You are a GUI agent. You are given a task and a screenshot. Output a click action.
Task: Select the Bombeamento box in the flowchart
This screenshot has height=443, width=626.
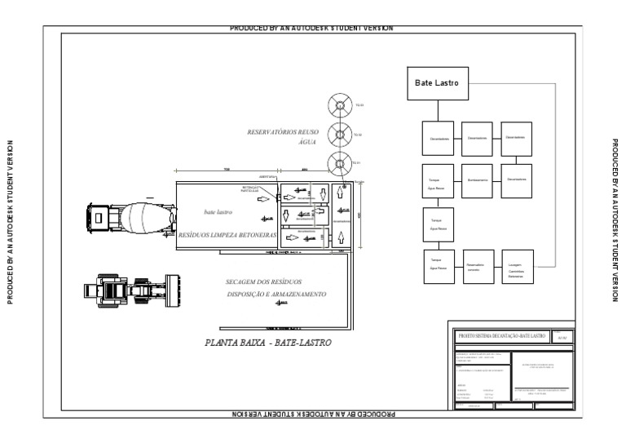[x=478, y=179]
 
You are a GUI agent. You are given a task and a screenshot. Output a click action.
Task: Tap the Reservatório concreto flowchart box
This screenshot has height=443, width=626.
[x=478, y=267]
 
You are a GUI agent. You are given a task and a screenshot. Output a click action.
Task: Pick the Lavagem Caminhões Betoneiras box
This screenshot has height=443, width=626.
[x=518, y=267]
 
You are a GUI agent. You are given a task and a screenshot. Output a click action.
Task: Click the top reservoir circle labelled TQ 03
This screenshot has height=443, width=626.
[x=338, y=105]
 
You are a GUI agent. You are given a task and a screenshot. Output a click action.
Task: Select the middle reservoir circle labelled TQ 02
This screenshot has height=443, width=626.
[x=338, y=135]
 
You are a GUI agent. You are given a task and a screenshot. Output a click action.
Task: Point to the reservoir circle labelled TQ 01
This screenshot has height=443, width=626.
[x=338, y=164]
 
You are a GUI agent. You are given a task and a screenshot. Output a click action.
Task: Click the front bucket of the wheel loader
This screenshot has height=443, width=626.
[x=172, y=290]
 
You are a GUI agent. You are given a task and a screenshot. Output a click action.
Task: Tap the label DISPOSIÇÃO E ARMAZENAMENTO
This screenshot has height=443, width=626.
[x=276, y=294]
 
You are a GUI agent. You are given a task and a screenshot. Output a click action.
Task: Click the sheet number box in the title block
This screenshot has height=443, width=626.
[x=563, y=336]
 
